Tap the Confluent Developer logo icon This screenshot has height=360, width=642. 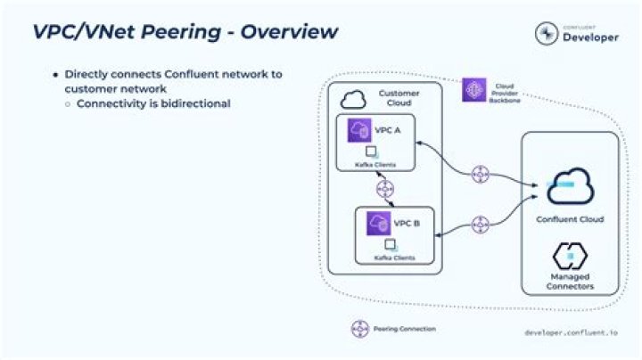(x=547, y=33)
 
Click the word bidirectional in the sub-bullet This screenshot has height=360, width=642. (x=193, y=104)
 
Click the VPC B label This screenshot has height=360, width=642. (x=407, y=223)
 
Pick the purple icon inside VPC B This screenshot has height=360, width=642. (x=378, y=223)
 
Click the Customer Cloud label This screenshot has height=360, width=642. (x=399, y=98)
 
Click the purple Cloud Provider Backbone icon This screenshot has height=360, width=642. (x=473, y=89)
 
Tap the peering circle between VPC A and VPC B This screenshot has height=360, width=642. (x=384, y=189)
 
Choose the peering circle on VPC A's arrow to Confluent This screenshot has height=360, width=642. (x=481, y=175)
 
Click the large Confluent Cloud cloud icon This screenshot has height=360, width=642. (x=570, y=186)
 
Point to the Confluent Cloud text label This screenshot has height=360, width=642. (x=570, y=219)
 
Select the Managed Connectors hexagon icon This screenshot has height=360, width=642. (x=569, y=258)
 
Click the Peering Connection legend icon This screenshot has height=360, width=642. (x=359, y=328)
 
